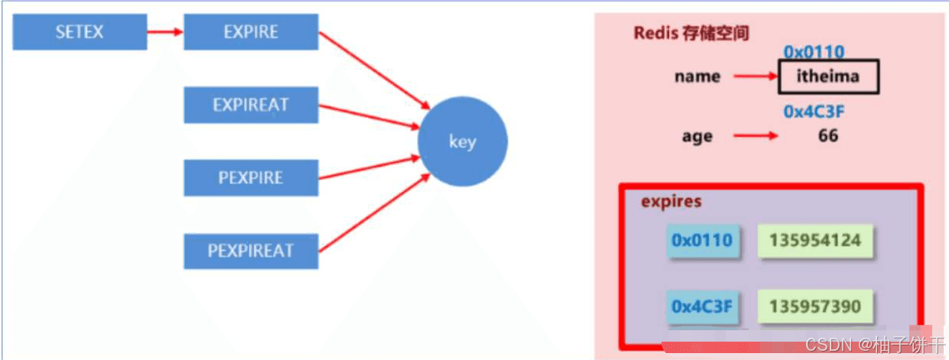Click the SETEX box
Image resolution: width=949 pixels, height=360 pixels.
pyautogui.click(x=79, y=32)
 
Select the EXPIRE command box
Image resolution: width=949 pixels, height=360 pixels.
pyautogui.click(x=251, y=32)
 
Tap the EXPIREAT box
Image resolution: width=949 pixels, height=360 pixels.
pyautogui.click(x=251, y=105)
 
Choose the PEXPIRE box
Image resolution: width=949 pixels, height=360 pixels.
pyautogui.click(x=251, y=177)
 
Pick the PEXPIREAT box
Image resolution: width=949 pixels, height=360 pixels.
pyautogui.click(x=251, y=251)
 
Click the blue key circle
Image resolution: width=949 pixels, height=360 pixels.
pyautogui.click(x=462, y=141)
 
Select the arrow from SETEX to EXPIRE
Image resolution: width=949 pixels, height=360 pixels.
pyautogui.click(x=165, y=32)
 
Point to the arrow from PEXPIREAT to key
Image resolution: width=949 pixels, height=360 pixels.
pyautogui.click(x=374, y=213)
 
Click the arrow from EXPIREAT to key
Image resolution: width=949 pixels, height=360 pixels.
pyautogui.click(x=369, y=116)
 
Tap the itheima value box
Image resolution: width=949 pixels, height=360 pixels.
pyautogui.click(x=828, y=76)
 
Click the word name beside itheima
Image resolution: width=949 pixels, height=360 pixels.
pyautogui.click(x=698, y=76)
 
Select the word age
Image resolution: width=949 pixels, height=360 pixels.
pyautogui.click(x=698, y=137)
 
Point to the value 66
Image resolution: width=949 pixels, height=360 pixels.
pyautogui.click(x=828, y=136)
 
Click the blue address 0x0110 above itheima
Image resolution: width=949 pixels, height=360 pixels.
pyautogui.click(x=814, y=52)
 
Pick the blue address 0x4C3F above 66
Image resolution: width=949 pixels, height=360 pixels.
pyautogui.click(x=814, y=112)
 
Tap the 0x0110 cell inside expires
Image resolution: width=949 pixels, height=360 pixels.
pyautogui.click(x=702, y=241)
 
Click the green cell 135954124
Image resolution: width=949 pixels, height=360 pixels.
pyautogui.click(x=815, y=241)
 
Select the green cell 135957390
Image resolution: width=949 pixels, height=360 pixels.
pyautogui.click(x=815, y=306)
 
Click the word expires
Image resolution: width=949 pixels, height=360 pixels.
pyautogui.click(x=671, y=202)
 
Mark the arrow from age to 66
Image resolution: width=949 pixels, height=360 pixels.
pyautogui.click(x=756, y=136)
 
